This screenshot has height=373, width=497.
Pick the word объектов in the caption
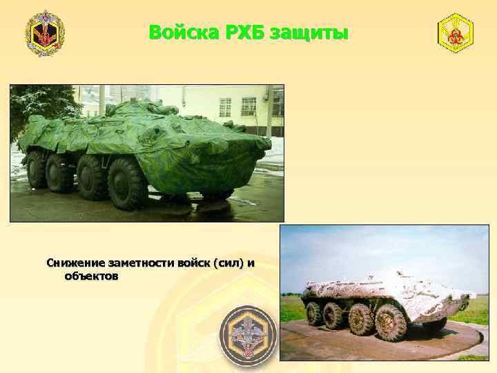(x=91, y=276)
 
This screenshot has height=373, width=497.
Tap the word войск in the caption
(x=194, y=263)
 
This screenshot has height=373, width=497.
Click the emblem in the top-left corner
(x=45, y=33)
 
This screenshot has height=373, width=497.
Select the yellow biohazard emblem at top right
(x=456, y=33)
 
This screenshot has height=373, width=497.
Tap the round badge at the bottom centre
(x=248, y=335)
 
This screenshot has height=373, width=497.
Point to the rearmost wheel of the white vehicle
(x=315, y=314)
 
